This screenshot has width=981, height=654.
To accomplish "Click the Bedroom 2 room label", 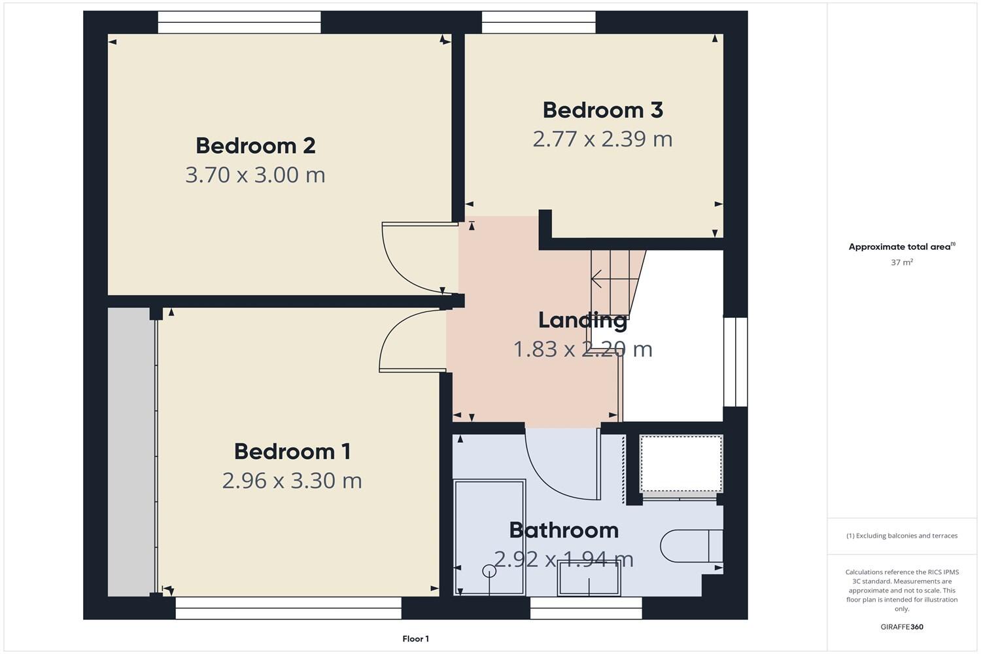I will click(x=255, y=145).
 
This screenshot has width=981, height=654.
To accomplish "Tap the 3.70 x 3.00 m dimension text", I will click(x=255, y=175).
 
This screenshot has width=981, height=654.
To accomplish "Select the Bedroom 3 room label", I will click(x=602, y=110).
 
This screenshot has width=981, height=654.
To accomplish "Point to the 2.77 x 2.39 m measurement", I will click(x=602, y=139).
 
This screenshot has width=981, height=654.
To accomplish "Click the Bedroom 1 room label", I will click(x=292, y=451).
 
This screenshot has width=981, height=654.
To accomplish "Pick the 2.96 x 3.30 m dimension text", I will click(x=292, y=481).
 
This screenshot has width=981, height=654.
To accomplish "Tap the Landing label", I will click(x=582, y=320).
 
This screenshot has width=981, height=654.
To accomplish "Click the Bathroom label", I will click(x=563, y=530).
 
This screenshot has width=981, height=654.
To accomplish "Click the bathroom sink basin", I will click(x=589, y=579).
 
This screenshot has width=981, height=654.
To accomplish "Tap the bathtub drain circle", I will click(x=489, y=571).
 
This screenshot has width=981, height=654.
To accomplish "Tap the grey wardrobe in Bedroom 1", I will click(x=131, y=451).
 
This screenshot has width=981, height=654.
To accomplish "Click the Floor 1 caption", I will click(x=415, y=639).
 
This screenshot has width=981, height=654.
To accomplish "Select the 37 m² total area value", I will click(x=901, y=262).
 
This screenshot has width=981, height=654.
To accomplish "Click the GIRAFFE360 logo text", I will click(x=901, y=627).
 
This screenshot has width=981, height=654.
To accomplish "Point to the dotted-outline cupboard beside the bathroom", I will click(x=681, y=463).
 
